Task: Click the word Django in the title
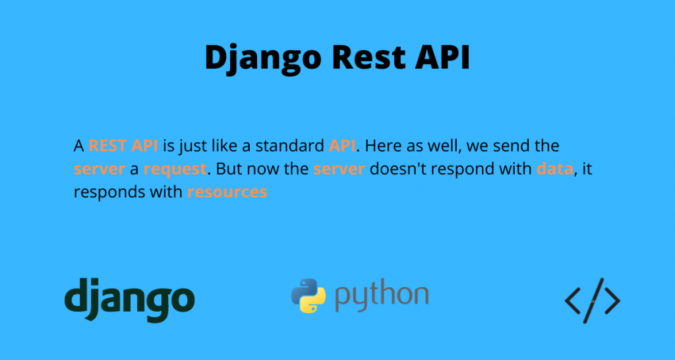tap(263, 59)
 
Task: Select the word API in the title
tap(442, 57)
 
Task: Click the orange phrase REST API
tap(123, 146)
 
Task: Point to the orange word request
tap(175, 169)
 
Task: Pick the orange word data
tap(555, 169)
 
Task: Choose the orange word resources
tap(227, 192)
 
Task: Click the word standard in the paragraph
tap(290, 146)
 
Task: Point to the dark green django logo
tap(130, 300)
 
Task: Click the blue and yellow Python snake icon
tap(308, 295)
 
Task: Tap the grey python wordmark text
tap(382, 297)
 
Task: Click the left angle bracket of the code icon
tap(573, 301)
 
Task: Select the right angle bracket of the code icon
tap(612, 301)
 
